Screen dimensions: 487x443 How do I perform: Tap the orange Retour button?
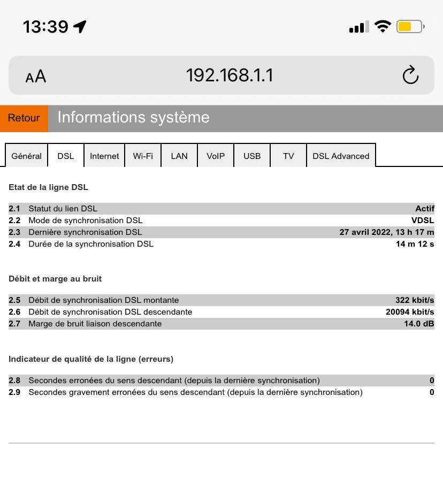click(24, 118)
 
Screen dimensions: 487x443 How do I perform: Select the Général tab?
click(26, 156)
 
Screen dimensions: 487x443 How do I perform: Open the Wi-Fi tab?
click(143, 156)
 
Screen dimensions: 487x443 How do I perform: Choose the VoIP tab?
click(216, 156)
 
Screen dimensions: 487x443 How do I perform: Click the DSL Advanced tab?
click(341, 156)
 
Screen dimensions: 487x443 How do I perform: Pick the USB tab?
click(252, 156)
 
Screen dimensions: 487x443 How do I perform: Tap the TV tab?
click(288, 156)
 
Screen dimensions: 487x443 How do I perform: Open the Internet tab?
click(104, 156)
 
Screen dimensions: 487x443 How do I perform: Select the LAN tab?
click(179, 156)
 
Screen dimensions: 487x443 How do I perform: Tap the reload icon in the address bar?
click(410, 75)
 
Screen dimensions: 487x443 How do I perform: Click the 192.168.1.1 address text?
click(230, 75)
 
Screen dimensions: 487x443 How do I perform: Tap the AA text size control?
click(36, 77)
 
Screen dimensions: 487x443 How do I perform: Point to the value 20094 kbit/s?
click(410, 312)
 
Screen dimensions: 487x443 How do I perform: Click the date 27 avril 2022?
click(369, 232)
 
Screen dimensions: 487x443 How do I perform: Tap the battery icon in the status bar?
click(410, 26)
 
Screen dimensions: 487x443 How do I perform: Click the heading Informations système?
click(133, 118)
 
